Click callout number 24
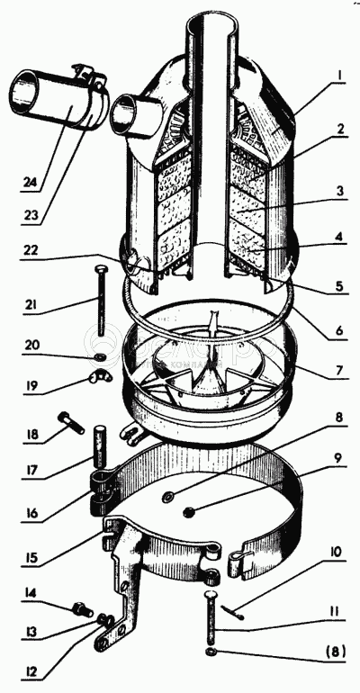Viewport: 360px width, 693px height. pos(30,183)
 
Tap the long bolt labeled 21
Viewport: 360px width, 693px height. pos(101,301)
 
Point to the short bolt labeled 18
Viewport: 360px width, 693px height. pos(71,422)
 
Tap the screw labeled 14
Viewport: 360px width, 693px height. pos(82,610)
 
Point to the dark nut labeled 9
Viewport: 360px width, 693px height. pos(190,512)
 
